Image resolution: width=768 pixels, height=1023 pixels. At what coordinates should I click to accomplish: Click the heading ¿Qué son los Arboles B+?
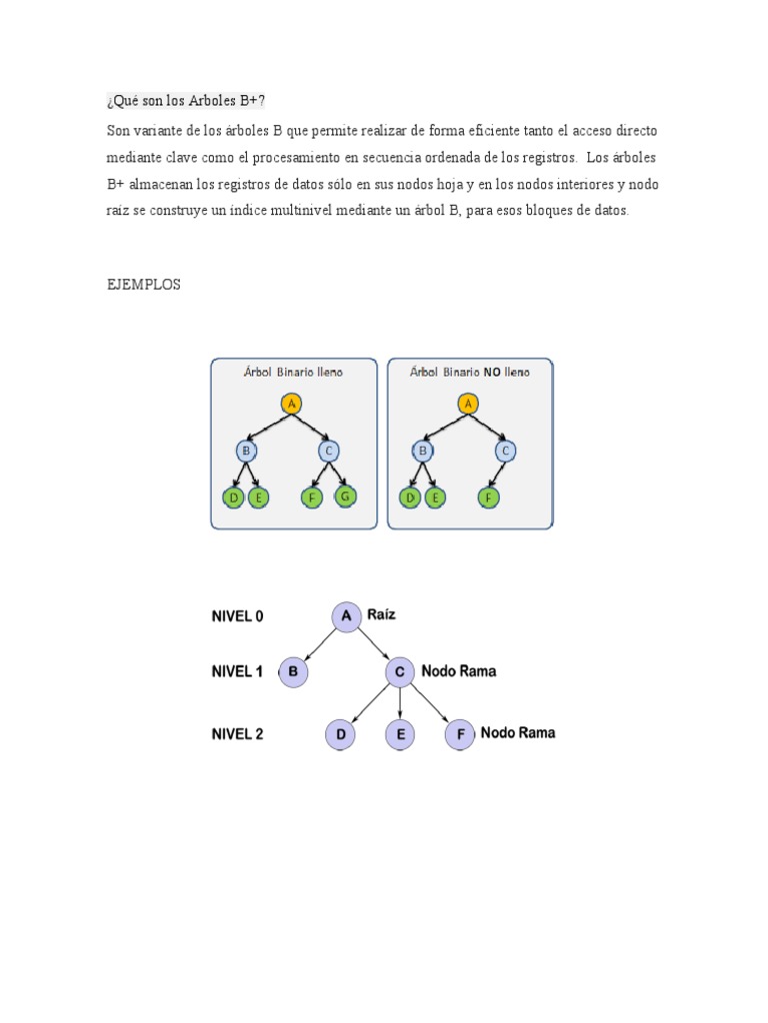pyautogui.click(x=187, y=102)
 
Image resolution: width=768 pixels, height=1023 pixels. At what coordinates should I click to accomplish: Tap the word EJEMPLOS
pyautogui.click(x=144, y=285)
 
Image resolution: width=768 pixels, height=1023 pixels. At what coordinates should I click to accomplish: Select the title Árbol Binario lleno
pyautogui.click(x=293, y=372)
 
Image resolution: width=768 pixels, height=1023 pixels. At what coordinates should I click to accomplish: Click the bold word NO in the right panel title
pyautogui.click(x=493, y=372)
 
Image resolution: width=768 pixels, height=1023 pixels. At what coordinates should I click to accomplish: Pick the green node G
pyautogui.click(x=346, y=496)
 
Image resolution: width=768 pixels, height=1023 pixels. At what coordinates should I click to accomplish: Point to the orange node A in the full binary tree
pyautogui.click(x=291, y=404)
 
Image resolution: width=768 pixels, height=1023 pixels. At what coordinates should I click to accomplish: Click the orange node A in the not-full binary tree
pyautogui.click(x=466, y=404)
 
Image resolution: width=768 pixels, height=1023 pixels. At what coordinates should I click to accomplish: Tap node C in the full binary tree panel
pyautogui.click(x=329, y=451)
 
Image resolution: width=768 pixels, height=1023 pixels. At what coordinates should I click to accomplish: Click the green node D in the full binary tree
pyautogui.click(x=234, y=497)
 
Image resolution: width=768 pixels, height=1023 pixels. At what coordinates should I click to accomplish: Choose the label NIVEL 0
pyautogui.click(x=237, y=616)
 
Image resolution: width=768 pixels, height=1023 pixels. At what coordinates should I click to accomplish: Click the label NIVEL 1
pyautogui.click(x=237, y=672)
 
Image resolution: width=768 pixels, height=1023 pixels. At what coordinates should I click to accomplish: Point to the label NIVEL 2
pyautogui.click(x=237, y=734)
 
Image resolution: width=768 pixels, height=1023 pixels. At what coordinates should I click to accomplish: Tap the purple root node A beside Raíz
pyautogui.click(x=346, y=616)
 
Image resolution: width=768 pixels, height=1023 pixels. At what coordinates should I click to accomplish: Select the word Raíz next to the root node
pyautogui.click(x=381, y=615)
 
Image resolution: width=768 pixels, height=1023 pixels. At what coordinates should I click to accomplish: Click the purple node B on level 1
pyautogui.click(x=293, y=672)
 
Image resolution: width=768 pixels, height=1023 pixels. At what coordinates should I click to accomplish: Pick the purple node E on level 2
pyautogui.click(x=400, y=735)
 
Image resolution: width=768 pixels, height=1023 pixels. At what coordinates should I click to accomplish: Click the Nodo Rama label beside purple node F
pyautogui.click(x=518, y=732)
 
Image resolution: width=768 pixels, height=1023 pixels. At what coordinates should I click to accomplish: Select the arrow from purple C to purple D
pyautogui.click(x=371, y=703)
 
